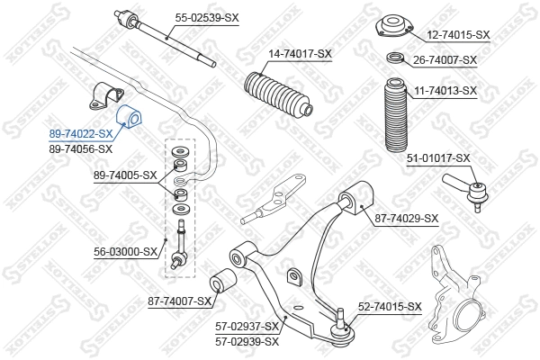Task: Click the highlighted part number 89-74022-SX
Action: (80, 134)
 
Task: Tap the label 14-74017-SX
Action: (300, 53)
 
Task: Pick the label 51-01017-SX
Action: (438, 158)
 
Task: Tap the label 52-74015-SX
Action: (390, 307)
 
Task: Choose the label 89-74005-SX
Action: (125, 175)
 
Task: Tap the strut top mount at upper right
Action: (393, 27)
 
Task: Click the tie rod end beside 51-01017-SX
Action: (461, 190)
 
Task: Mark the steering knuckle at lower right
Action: (459, 301)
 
